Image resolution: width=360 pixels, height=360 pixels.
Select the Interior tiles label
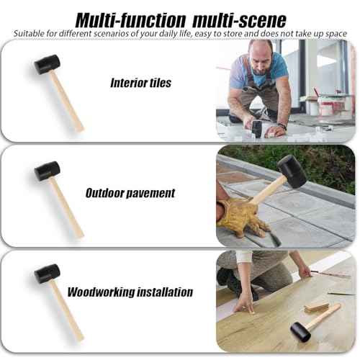tap(140, 83)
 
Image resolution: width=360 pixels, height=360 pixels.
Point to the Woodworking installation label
tap(130, 292)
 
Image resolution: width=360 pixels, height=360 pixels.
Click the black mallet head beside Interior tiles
tap(47, 66)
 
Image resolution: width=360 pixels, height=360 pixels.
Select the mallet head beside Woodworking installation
tap(47, 274)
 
